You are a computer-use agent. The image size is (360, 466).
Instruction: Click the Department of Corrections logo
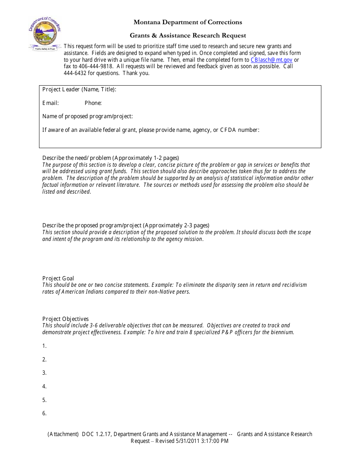(x=45, y=34)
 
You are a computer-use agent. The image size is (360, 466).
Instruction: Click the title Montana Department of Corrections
(x=188, y=22)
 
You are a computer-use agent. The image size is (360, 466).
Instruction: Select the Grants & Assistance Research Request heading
(x=188, y=36)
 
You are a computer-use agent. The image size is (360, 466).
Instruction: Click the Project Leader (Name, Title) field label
(x=79, y=90)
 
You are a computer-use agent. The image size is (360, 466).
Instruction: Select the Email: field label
(x=50, y=103)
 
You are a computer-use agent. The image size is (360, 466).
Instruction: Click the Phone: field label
(x=93, y=103)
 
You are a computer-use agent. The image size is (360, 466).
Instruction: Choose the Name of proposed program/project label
(x=88, y=116)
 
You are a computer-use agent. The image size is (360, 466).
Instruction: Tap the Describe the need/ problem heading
(x=110, y=158)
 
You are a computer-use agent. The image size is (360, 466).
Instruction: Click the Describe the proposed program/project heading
(x=125, y=225)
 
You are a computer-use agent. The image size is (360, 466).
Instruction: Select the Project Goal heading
(x=58, y=278)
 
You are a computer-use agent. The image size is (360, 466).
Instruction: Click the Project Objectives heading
(x=65, y=319)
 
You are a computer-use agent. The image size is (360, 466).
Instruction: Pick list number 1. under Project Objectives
(x=44, y=346)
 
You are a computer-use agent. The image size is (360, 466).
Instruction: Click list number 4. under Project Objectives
(x=44, y=386)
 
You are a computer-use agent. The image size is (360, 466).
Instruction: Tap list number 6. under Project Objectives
(x=44, y=413)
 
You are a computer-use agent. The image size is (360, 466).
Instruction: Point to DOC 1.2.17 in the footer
(x=96, y=434)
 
